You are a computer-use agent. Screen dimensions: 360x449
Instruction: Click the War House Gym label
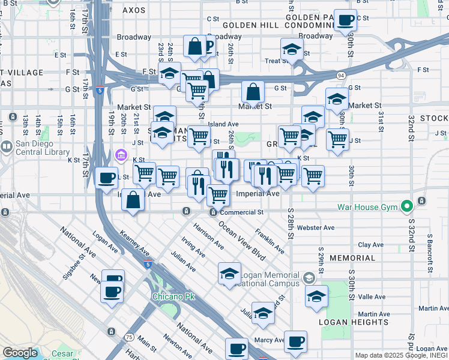[368, 208]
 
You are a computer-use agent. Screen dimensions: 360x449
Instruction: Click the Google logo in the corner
[19, 353]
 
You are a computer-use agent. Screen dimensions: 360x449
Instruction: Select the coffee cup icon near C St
[345, 20]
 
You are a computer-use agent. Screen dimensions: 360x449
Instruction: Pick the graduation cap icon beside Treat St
[291, 49]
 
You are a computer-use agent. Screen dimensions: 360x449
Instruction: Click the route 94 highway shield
[340, 75]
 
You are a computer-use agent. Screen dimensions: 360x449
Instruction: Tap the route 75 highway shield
[130, 337]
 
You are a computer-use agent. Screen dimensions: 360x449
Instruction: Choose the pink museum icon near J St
[121, 156]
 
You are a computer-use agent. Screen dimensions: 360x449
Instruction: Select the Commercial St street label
[241, 212]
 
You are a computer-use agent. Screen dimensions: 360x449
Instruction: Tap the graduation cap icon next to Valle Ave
[316, 295]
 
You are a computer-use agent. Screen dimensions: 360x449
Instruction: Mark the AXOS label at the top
[134, 10]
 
